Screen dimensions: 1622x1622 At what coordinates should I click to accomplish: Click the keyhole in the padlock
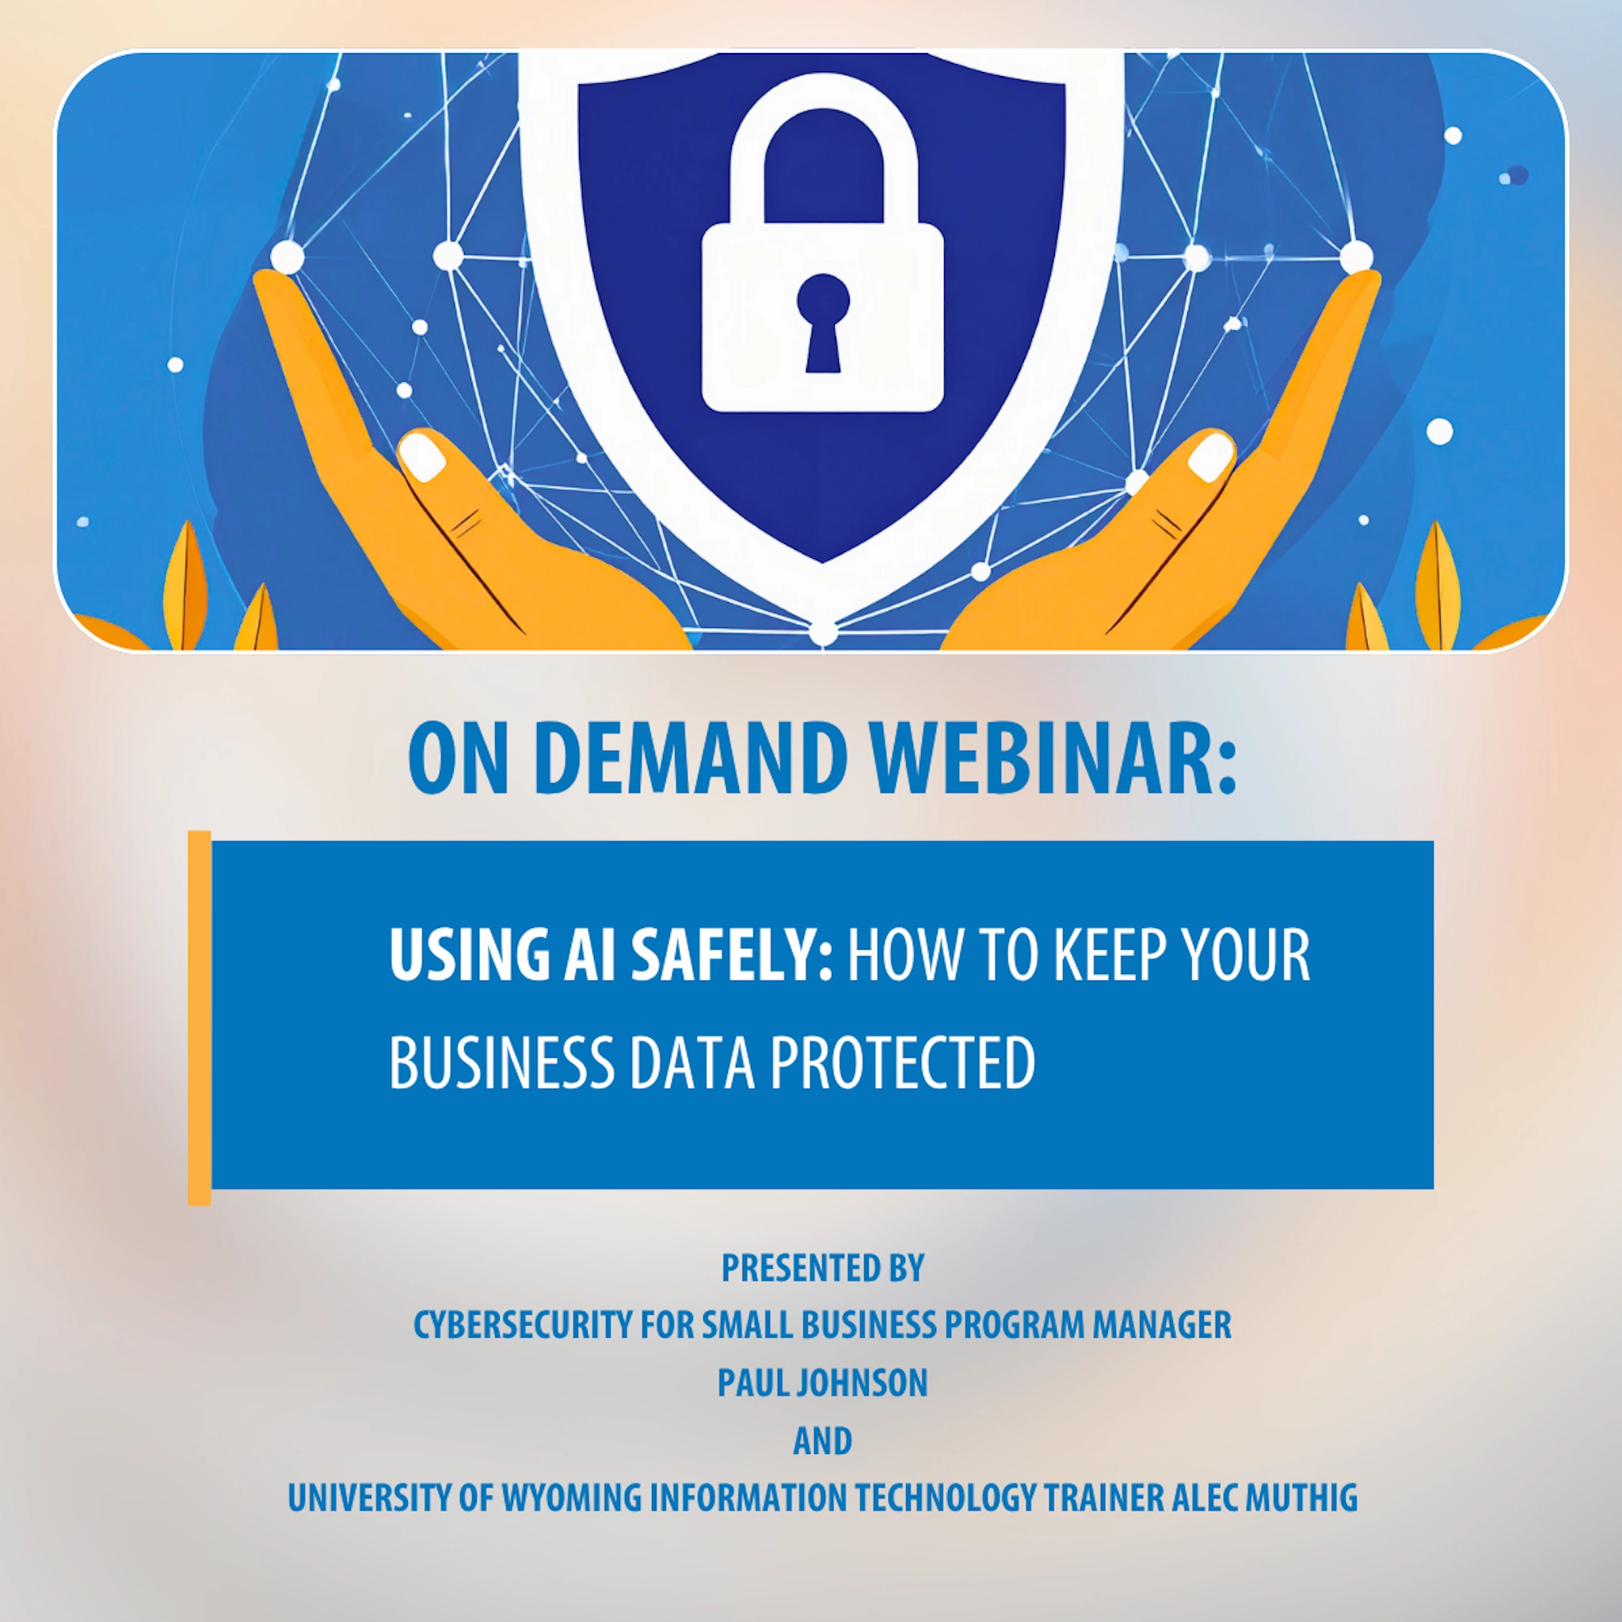point(823,320)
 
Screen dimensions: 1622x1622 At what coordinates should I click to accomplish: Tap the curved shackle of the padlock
point(822,126)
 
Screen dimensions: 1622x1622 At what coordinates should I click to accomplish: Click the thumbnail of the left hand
point(421,457)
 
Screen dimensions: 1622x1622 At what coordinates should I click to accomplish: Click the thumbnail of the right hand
point(1211,456)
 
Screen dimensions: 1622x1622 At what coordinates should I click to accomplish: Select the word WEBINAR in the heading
point(1052,757)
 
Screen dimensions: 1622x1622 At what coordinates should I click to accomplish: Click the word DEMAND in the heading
point(688,757)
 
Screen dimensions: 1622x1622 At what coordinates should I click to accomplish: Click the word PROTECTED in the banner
point(903,1062)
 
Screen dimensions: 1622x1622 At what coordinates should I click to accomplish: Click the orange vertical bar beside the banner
point(199,1018)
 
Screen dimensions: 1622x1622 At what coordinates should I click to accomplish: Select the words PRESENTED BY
point(823,1269)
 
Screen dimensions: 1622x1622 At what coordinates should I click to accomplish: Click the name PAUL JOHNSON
point(823,1383)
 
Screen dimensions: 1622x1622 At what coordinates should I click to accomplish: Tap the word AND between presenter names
point(823,1441)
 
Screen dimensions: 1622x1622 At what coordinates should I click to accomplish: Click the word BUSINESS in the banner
point(502,1062)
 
